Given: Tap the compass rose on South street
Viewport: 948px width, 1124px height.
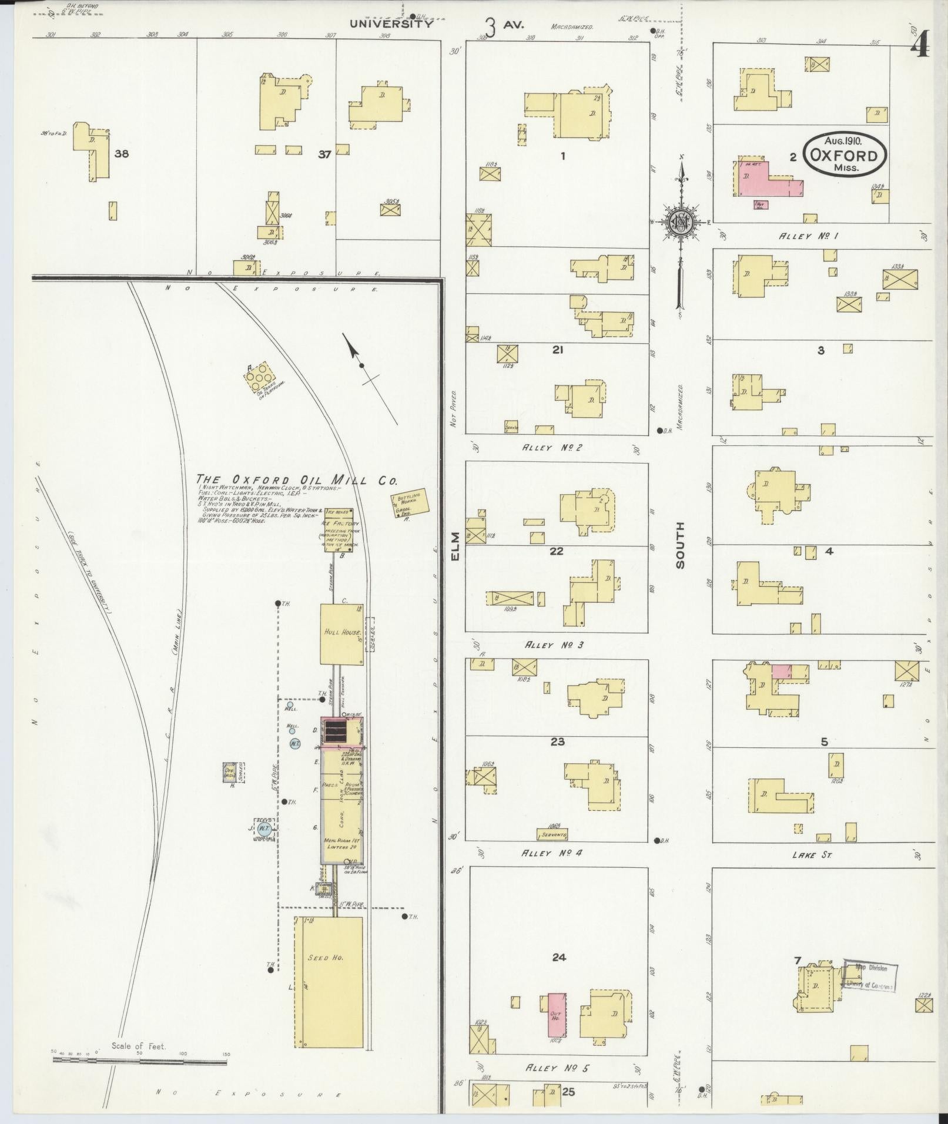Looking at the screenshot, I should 681,221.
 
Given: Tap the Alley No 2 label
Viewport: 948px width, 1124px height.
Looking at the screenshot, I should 552,448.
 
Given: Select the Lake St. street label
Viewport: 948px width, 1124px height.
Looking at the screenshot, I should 811,855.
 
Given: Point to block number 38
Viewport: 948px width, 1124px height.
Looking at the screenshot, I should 122,154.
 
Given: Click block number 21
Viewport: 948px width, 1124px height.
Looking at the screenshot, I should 558,350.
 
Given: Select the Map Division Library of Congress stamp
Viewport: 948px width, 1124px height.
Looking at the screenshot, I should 868,976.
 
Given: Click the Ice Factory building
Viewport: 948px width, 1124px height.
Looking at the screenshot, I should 339,530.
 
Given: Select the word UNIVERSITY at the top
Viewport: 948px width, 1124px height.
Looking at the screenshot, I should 391,25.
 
